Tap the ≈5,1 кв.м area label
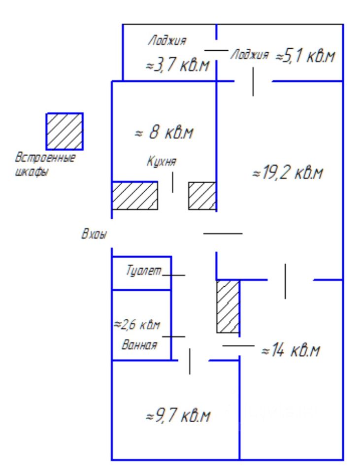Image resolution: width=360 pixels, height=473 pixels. click(x=305, y=56)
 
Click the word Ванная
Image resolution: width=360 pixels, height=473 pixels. click(x=139, y=345)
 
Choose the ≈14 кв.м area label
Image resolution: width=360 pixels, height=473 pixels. click(x=291, y=351)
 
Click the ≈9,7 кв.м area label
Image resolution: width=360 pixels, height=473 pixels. click(x=178, y=416)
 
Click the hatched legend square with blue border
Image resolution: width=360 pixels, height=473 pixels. click(x=65, y=131)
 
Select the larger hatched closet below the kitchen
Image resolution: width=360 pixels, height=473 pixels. click(x=135, y=196)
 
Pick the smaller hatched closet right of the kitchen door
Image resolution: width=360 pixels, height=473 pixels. click(x=202, y=196)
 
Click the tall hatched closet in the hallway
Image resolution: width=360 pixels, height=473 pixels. click(x=228, y=306)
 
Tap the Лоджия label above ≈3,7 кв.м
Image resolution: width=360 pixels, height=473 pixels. click(x=167, y=41)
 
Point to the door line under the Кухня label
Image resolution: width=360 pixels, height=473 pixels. click(x=172, y=182)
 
